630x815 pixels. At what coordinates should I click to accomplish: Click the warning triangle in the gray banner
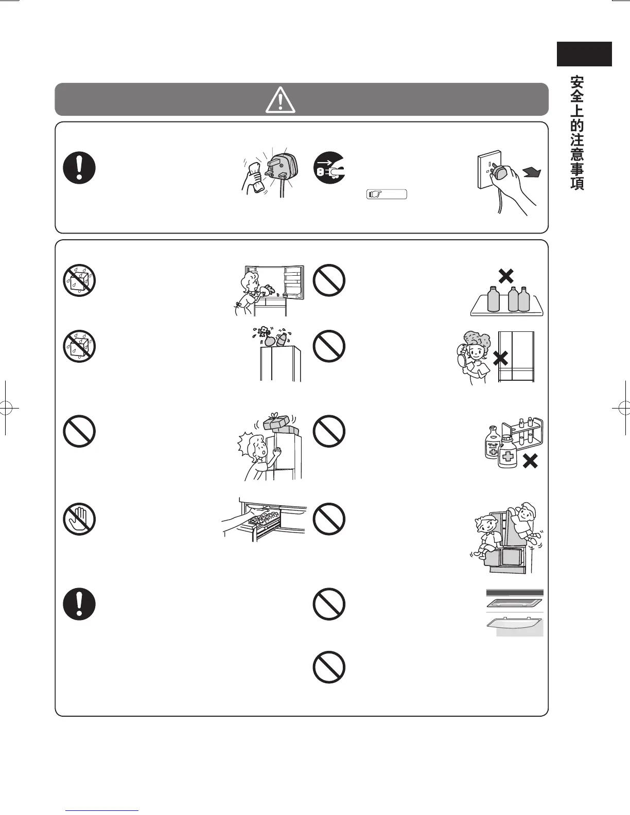pyautogui.click(x=280, y=100)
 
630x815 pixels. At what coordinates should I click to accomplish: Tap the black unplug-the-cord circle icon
pyautogui.click(x=329, y=168)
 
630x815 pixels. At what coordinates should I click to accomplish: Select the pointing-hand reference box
pyautogui.click(x=387, y=194)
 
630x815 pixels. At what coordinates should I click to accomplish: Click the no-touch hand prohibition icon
pyautogui.click(x=79, y=519)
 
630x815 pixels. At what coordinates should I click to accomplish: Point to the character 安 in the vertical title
pyautogui.click(x=577, y=83)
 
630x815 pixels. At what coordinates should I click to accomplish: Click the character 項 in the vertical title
pyautogui.click(x=577, y=183)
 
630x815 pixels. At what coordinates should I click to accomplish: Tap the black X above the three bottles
pyautogui.click(x=506, y=276)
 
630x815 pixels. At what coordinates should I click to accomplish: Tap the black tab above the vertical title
pyautogui.click(x=584, y=54)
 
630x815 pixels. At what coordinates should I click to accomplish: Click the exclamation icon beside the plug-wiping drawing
pyautogui.click(x=79, y=168)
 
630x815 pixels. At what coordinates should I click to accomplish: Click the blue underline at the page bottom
pyautogui.click(x=102, y=810)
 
